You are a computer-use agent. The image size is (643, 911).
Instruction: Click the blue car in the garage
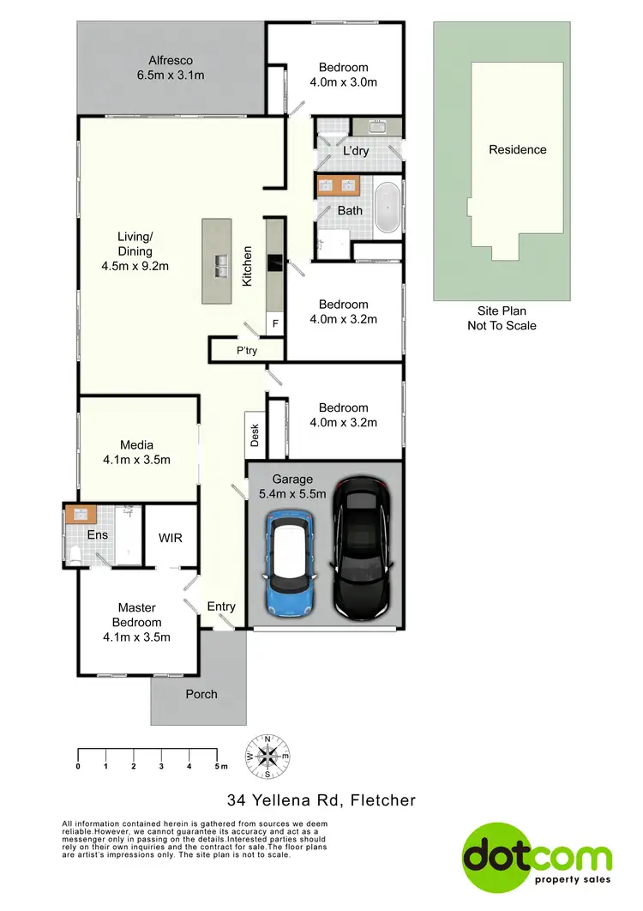(x=291, y=563)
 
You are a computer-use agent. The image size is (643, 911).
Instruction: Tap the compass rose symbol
(x=268, y=756)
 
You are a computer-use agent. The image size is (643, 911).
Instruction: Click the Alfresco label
(x=170, y=61)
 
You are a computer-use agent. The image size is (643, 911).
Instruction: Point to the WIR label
(x=171, y=538)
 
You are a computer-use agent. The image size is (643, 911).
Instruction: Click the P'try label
(x=247, y=351)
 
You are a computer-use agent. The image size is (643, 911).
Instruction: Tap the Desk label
(x=255, y=437)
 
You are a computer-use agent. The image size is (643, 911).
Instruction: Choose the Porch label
(x=201, y=694)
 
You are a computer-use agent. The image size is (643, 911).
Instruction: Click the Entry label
(x=221, y=606)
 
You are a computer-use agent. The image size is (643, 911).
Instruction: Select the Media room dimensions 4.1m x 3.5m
(x=136, y=460)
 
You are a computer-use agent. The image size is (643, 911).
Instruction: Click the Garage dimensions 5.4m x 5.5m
(x=292, y=494)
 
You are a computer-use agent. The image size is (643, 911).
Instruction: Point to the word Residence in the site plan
(x=517, y=149)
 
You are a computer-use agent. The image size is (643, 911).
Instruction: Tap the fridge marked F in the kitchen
(x=275, y=324)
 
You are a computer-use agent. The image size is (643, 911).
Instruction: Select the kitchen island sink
(x=220, y=262)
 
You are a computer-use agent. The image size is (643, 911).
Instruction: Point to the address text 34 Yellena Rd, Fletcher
(x=321, y=800)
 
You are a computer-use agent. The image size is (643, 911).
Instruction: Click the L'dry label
(x=355, y=151)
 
